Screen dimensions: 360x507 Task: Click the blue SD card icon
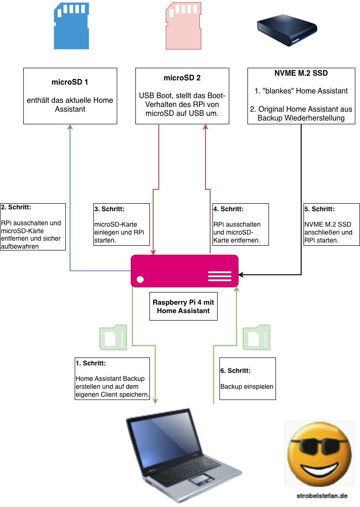[x=71, y=26]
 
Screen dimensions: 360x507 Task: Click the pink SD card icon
[x=184, y=26]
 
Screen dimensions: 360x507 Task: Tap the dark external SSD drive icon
[x=287, y=31]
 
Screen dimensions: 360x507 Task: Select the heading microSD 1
[x=70, y=82]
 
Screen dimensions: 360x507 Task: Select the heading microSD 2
[x=182, y=78]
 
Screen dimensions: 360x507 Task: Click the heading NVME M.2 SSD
[x=301, y=73]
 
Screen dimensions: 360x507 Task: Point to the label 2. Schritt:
[x=16, y=207]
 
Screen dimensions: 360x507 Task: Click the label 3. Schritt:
[x=110, y=209]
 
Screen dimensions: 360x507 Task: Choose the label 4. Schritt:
[x=228, y=209]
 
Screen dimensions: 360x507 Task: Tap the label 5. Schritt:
[x=319, y=209]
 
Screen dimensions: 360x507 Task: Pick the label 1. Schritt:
[x=91, y=363]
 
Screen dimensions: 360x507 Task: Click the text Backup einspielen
[x=247, y=386]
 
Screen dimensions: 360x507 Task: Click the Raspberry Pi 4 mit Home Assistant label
[x=183, y=307]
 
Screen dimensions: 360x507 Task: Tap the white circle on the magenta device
[x=140, y=279]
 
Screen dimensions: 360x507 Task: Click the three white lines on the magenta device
[x=220, y=276]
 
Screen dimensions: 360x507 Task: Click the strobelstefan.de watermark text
[x=322, y=496]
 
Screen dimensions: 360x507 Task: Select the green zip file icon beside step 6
[x=257, y=337]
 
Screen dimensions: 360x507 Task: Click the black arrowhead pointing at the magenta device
[x=241, y=275]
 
